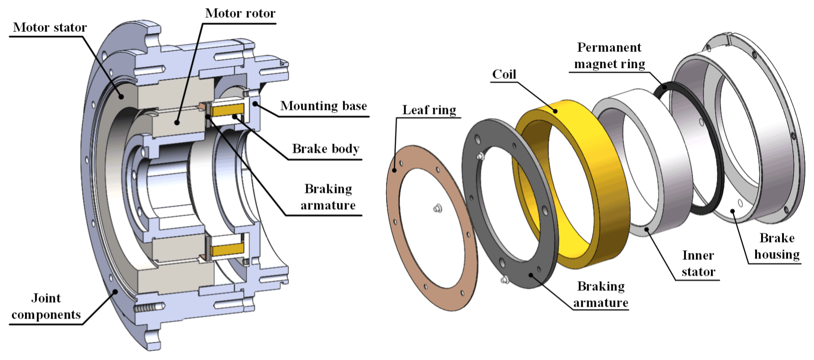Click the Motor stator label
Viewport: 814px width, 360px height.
(50, 27)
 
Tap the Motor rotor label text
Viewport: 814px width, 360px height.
(240, 13)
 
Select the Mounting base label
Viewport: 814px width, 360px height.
(323, 106)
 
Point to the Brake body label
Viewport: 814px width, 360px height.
(326, 149)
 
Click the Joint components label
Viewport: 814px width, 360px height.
(46, 306)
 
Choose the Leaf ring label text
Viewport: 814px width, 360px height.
(429, 110)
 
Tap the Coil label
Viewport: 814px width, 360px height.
(504, 74)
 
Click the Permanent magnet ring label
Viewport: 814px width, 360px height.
(609, 56)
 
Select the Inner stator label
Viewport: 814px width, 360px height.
(698, 263)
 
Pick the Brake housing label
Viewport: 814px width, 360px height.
(777, 246)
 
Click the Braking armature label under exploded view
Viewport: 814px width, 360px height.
(601, 294)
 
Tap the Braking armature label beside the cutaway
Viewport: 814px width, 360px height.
(328, 197)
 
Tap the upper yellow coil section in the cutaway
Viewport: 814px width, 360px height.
(227, 110)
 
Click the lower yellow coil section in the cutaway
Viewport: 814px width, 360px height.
(227, 249)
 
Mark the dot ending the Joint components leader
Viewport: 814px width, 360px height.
(116, 291)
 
